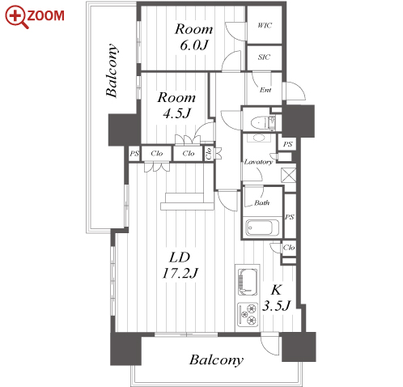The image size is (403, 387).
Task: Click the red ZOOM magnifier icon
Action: (x=16, y=17)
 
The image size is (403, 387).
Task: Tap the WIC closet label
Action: (x=265, y=25)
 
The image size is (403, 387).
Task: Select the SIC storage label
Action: (x=264, y=57)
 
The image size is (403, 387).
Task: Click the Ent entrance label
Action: (x=265, y=90)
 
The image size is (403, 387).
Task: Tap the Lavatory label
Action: (x=258, y=162)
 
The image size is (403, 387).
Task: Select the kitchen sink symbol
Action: (x=247, y=282)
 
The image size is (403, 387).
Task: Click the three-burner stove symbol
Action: (x=248, y=314)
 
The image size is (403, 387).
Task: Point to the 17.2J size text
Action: (x=180, y=273)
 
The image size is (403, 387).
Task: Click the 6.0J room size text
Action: (x=194, y=45)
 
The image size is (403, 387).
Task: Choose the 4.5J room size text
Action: (x=176, y=113)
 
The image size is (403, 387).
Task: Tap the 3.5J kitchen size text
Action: (x=276, y=306)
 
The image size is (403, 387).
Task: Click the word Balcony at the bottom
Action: (x=216, y=360)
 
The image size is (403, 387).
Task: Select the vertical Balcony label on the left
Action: (x=112, y=70)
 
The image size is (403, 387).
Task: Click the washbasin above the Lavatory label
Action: (x=259, y=138)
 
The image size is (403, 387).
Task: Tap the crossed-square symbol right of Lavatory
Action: (x=288, y=175)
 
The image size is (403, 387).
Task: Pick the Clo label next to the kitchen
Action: (x=289, y=248)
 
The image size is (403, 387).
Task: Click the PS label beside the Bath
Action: (x=290, y=217)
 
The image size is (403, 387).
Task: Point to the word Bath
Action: (x=261, y=202)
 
